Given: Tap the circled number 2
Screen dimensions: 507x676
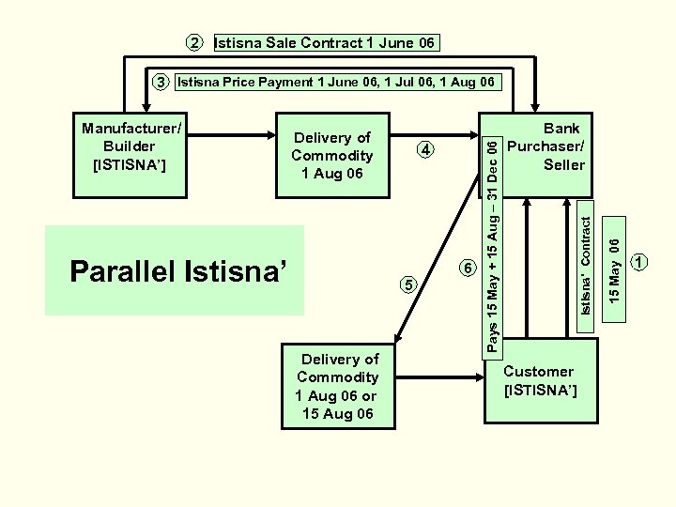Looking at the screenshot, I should pos(193,43).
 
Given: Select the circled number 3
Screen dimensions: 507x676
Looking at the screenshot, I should pos(161,83).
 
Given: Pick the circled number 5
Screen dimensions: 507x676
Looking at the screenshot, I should pos(407,284).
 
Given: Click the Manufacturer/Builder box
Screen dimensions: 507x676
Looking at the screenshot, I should pos(131,146).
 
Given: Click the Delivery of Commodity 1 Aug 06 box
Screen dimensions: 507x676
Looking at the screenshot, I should pos(332,157).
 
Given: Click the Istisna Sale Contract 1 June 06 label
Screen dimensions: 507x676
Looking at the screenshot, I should pos(326,43).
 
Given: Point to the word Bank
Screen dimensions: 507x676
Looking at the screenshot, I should pos(561,128).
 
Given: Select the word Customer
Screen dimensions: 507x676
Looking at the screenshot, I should pos(538,371).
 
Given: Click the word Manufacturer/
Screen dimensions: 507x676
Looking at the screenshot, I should pos(131,128).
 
